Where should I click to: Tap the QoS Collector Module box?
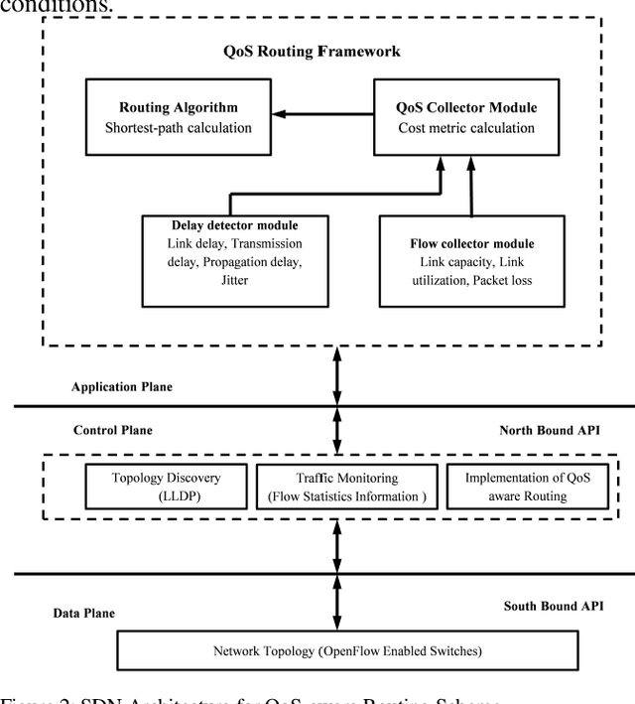point(452,118)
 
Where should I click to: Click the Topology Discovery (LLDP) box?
point(166,487)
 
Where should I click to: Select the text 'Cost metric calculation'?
point(452,127)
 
